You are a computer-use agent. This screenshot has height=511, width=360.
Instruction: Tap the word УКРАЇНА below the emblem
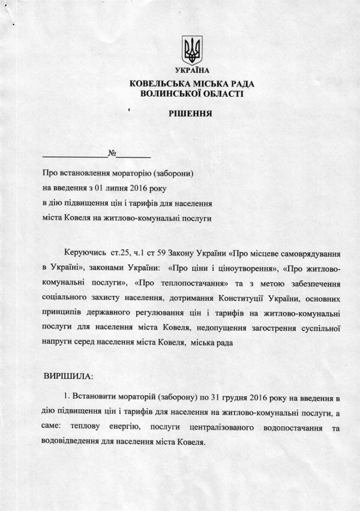coord(192,71)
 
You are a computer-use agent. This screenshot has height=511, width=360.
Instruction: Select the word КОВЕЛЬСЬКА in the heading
coord(156,84)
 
